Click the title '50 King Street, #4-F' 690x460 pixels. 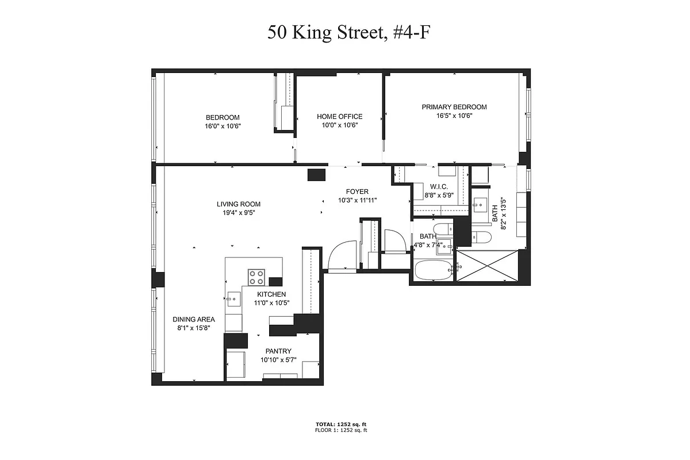click(x=348, y=32)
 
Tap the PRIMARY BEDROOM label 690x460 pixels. click(x=454, y=107)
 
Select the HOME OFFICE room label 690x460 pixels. click(x=339, y=117)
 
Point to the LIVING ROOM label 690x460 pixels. click(x=238, y=204)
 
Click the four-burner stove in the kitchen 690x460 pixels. click(x=256, y=277)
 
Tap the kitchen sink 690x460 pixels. click(x=233, y=297)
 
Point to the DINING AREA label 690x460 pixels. click(x=194, y=320)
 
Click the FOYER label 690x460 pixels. click(x=356, y=192)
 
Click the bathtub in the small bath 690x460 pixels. click(x=433, y=270)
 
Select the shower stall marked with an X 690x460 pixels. click(x=486, y=265)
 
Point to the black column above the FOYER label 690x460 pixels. click(x=317, y=175)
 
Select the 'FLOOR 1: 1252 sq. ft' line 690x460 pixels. click(x=340, y=430)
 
